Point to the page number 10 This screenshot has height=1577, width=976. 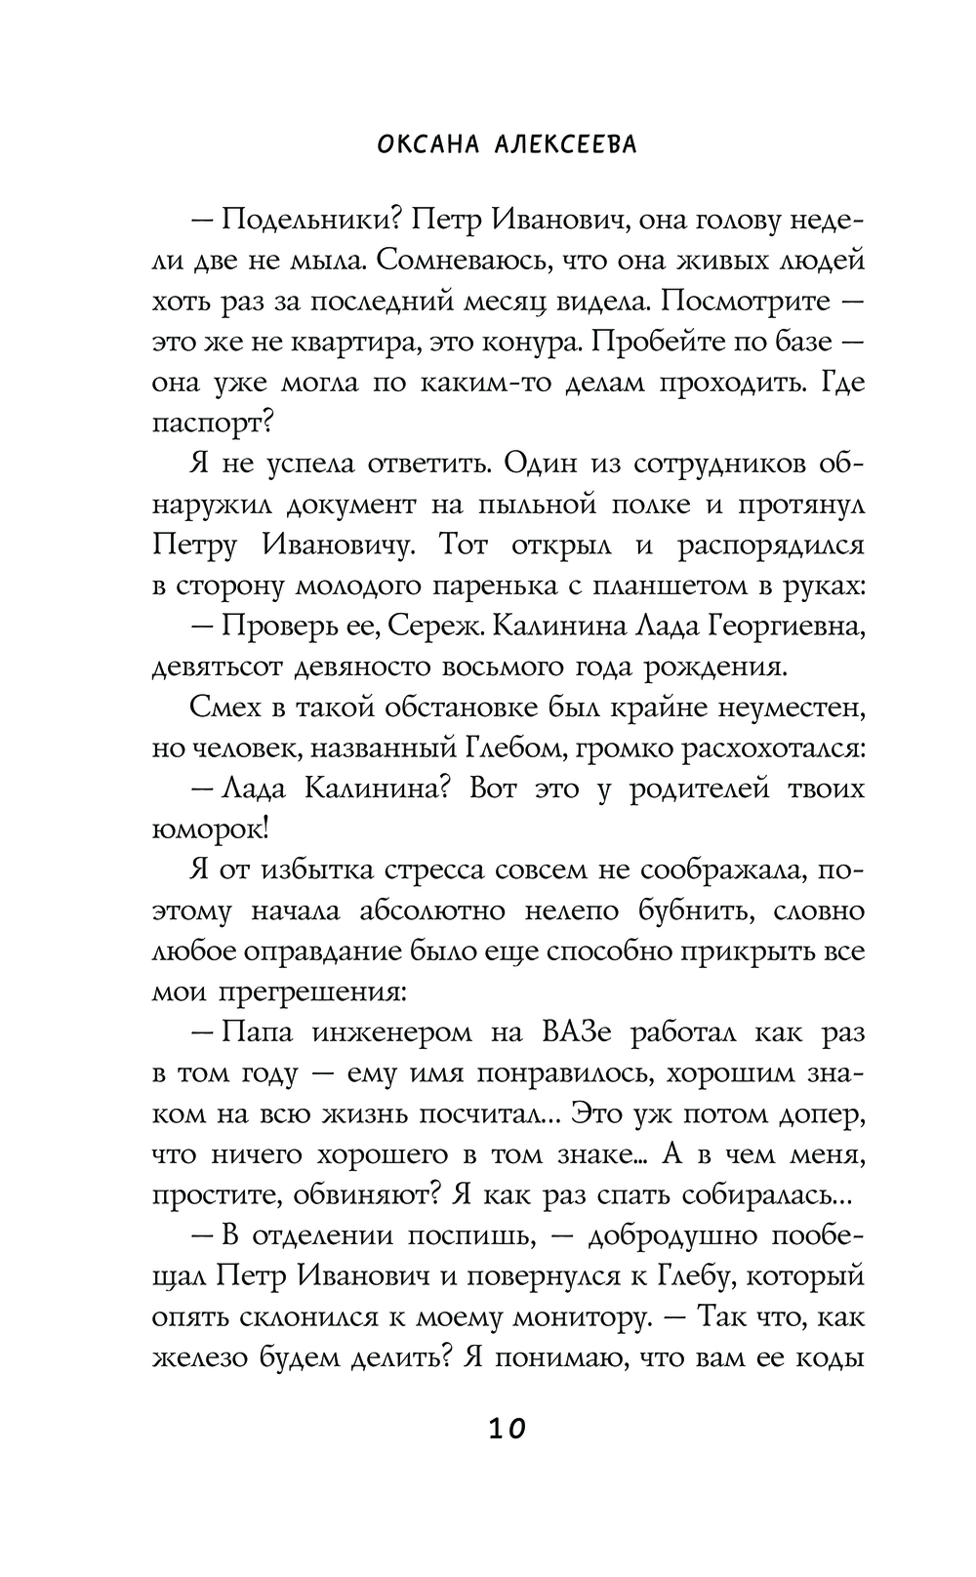point(506,1430)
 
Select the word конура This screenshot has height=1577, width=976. point(532,342)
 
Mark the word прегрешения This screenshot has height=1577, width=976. point(318,991)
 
